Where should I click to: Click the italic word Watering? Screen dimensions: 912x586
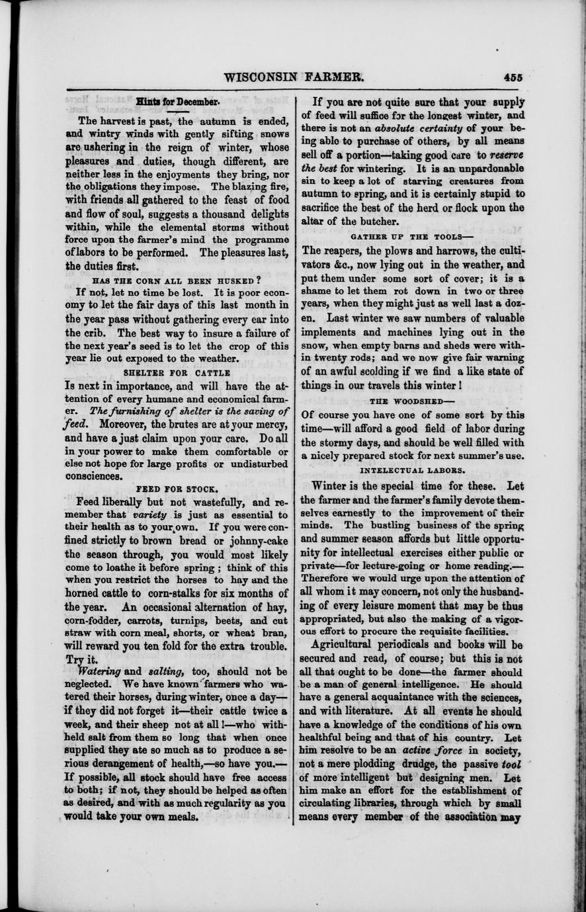[100, 671]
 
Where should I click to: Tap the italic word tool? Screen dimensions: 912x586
[512, 763]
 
